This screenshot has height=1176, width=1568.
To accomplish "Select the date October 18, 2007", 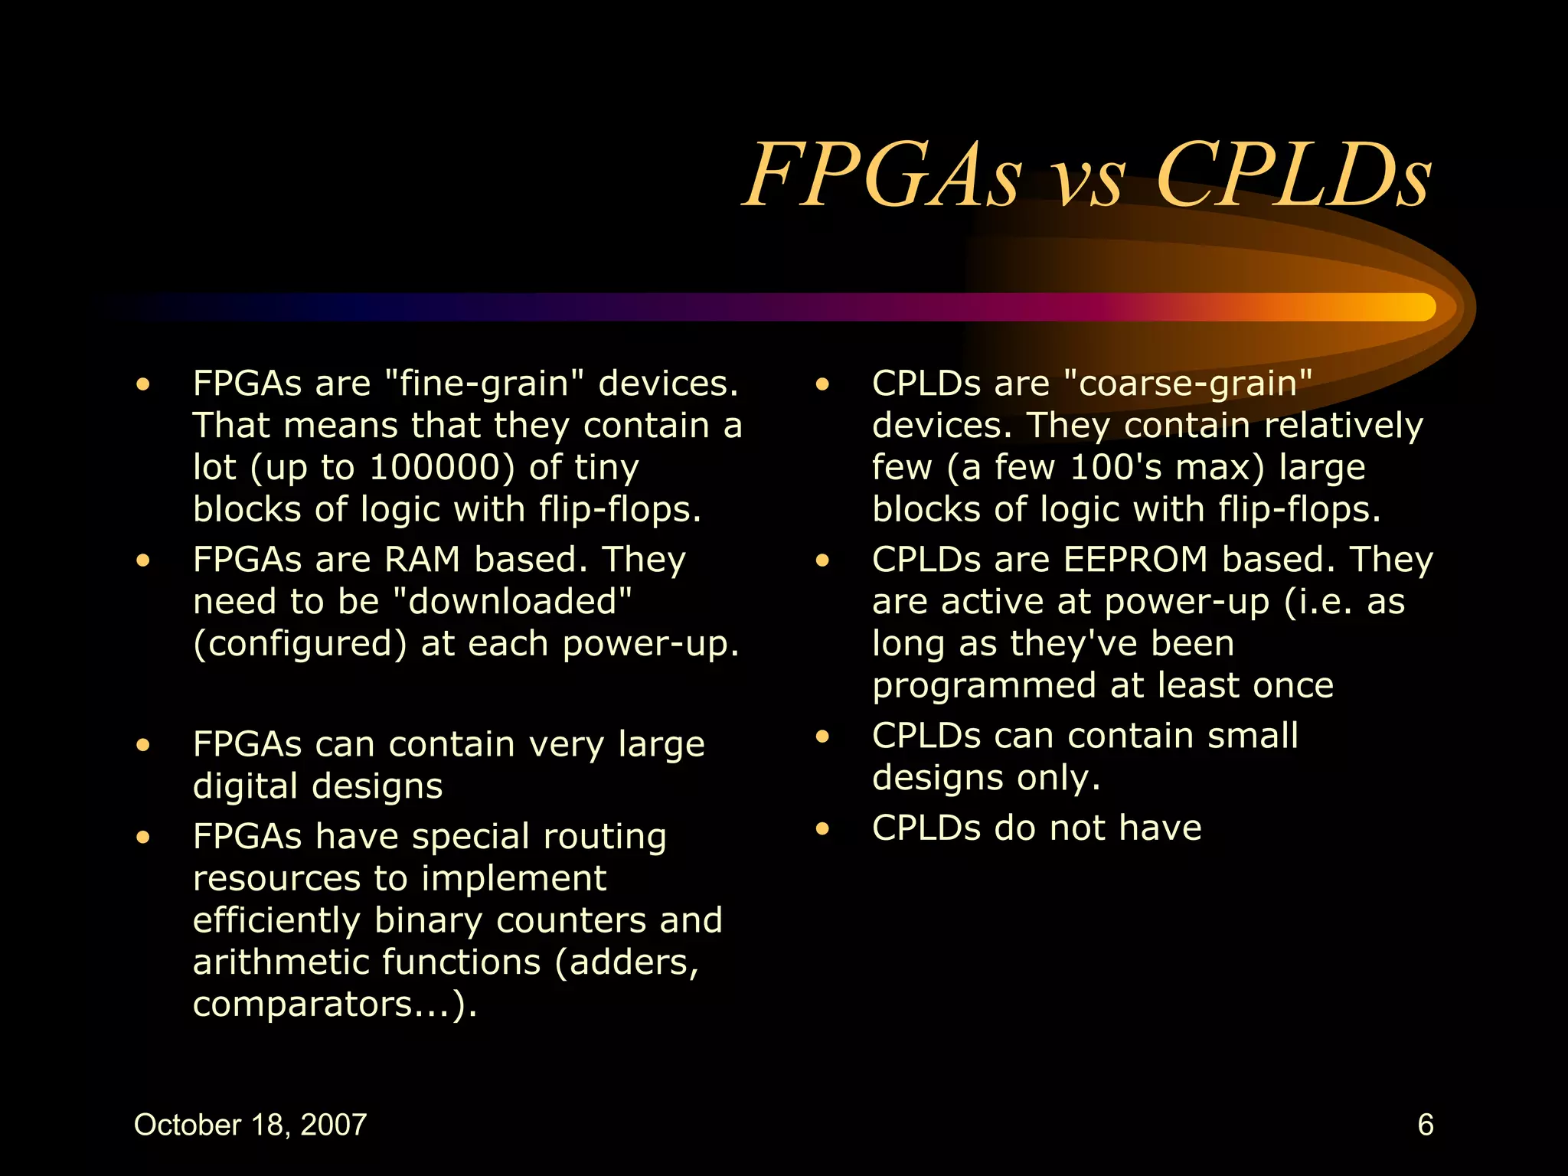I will point(250,1125).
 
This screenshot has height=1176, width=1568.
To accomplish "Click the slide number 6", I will point(1425,1125).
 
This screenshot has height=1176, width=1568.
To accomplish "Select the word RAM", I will point(422,560).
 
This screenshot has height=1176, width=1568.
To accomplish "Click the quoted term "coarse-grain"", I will point(1188,384).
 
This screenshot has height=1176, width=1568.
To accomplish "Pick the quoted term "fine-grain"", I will point(483,384).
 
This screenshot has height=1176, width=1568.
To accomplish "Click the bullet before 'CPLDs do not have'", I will point(822,828).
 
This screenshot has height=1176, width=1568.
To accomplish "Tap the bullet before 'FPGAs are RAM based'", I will point(143,560).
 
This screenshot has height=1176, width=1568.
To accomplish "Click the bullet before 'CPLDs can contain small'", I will point(822,737).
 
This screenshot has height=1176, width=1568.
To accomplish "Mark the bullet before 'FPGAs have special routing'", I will point(143,837).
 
